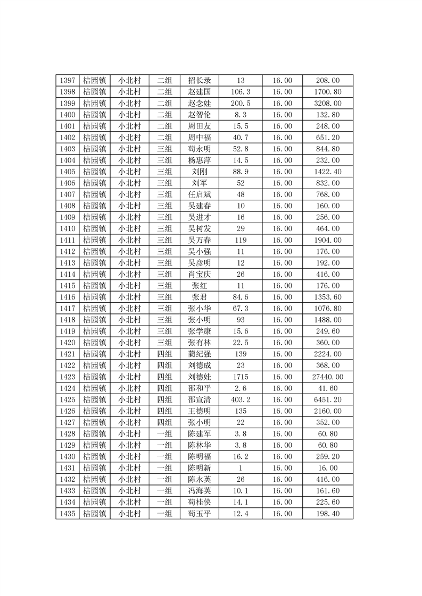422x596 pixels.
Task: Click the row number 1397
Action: tap(67, 81)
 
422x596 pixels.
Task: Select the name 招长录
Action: tap(200, 81)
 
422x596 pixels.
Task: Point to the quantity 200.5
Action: tap(241, 104)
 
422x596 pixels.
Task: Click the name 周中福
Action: tap(200, 138)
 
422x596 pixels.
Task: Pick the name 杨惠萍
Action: tap(200, 160)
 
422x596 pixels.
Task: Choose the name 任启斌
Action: tap(200, 194)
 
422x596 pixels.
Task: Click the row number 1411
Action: tap(67, 240)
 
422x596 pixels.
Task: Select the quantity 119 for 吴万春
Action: tap(241, 240)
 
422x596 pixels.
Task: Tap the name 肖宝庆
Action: tap(200, 274)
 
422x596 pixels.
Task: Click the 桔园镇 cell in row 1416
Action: tap(95, 297)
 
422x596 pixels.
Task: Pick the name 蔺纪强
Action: tap(200, 354)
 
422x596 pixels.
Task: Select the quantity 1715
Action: tap(241, 377)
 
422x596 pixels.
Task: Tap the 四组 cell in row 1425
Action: tap(164, 399)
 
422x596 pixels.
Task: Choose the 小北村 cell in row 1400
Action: tap(129, 115)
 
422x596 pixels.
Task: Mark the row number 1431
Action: tap(67, 468)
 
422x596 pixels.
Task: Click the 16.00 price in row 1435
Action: tap(282, 514)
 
